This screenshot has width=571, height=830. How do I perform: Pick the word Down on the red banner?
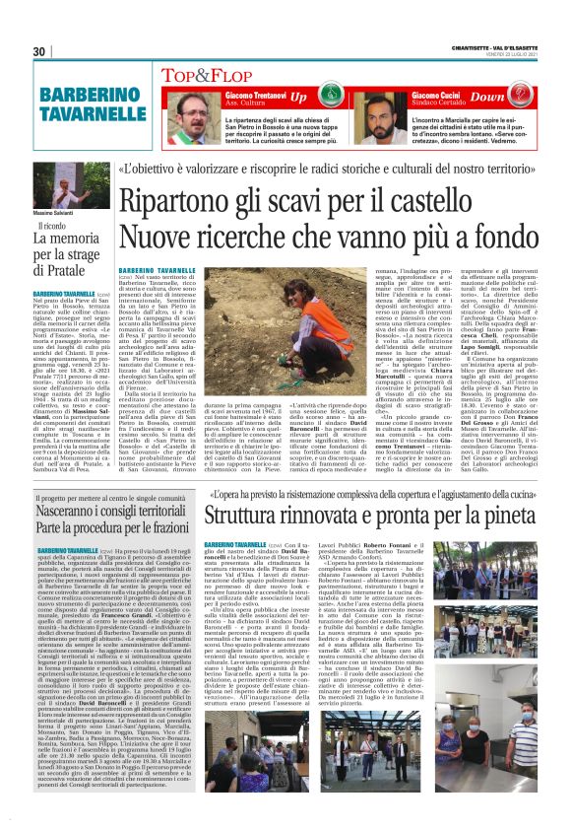[518, 98]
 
